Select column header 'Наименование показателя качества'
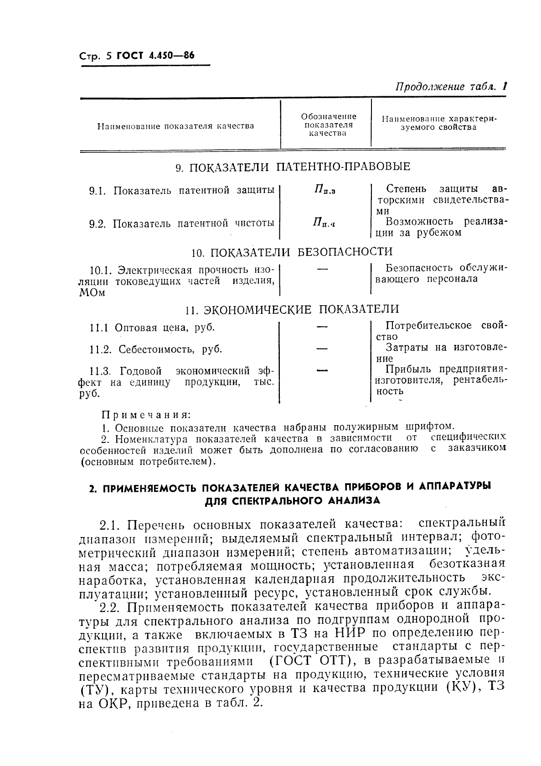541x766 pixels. tap(175, 126)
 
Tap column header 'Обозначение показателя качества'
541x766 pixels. tap(325, 125)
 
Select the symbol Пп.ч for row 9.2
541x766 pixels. tap(324, 223)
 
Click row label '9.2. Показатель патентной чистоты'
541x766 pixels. tap(182, 224)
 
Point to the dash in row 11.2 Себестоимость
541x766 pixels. tap(322, 349)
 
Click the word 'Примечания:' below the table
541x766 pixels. tap(145, 415)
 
